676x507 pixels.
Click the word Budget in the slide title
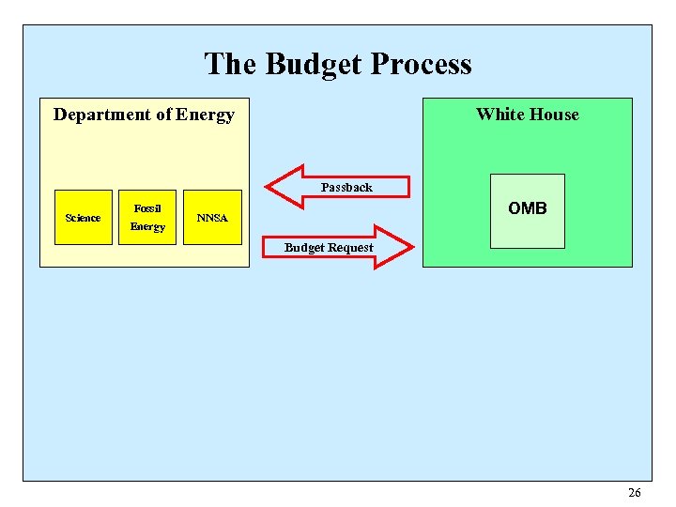(314, 64)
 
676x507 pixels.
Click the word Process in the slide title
(421, 64)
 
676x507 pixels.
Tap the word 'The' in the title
(230, 64)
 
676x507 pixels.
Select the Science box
(83, 218)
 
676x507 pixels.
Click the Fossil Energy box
(147, 218)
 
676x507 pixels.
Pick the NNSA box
(212, 218)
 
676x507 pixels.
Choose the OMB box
(527, 210)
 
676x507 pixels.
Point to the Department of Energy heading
(144, 115)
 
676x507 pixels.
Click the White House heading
(527, 115)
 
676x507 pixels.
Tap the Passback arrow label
(346, 187)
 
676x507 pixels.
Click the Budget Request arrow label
(329, 248)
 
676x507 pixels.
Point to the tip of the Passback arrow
(269, 186)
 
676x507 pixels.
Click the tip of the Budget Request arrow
(411, 247)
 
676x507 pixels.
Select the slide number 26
(635, 493)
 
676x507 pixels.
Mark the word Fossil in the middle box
(147, 207)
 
